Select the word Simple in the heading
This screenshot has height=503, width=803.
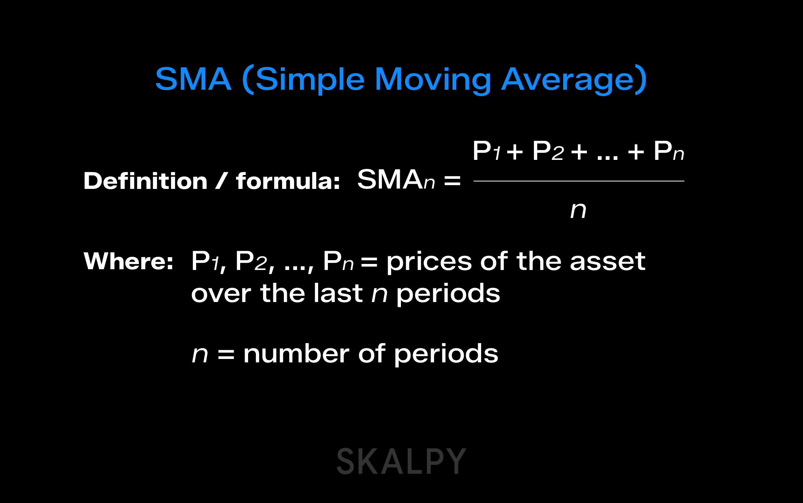[x=310, y=80]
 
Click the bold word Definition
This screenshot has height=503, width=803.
[x=145, y=181]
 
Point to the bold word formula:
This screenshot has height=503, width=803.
[x=288, y=181]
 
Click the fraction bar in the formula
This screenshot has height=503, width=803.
[x=579, y=181]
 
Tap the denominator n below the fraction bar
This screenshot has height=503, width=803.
[x=578, y=210]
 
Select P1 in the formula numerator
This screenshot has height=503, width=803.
[x=486, y=151]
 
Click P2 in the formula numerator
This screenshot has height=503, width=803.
[x=548, y=151]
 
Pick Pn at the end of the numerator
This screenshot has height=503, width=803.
[x=669, y=151]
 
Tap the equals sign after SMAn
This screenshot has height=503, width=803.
[x=452, y=181]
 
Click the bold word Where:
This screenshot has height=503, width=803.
[x=128, y=261]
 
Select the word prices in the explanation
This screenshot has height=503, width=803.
[x=429, y=262]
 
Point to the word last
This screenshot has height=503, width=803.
[x=338, y=293]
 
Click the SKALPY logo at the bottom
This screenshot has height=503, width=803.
[x=401, y=462]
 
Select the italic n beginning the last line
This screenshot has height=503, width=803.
[x=200, y=354]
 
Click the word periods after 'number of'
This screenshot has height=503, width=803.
[x=446, y=354]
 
